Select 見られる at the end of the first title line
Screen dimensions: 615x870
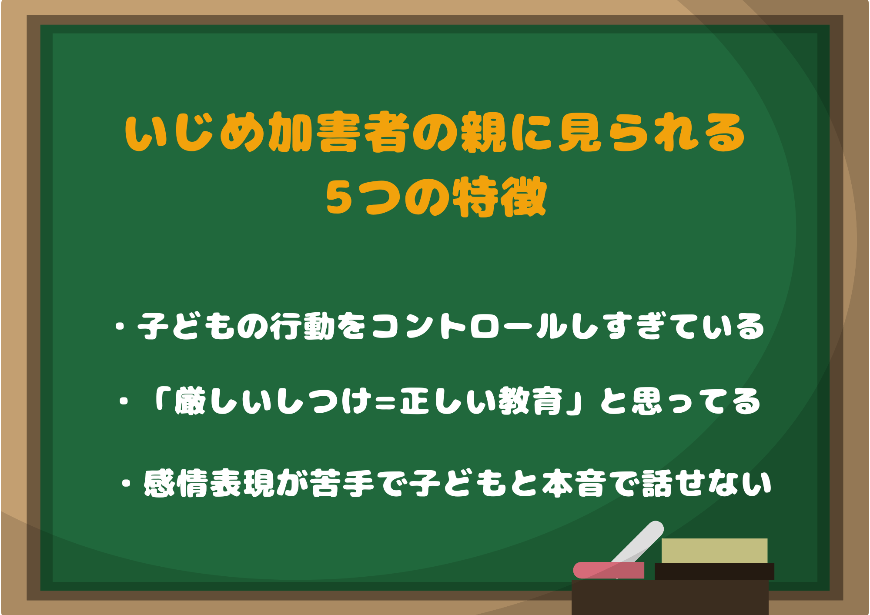pyautogui.click(x=651, y=133)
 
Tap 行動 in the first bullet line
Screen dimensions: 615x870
pyautogui.click(x=303, y=326)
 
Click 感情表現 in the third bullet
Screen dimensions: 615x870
pyautogui.click(x=209, y=483)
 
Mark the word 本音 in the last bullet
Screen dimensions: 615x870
pyautogui.click(x=574, y=483)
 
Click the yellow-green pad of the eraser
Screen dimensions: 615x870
pyautogui.click(x=714, y=551)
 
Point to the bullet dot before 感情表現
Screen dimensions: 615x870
pyautogui.click(x=127, y=483)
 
